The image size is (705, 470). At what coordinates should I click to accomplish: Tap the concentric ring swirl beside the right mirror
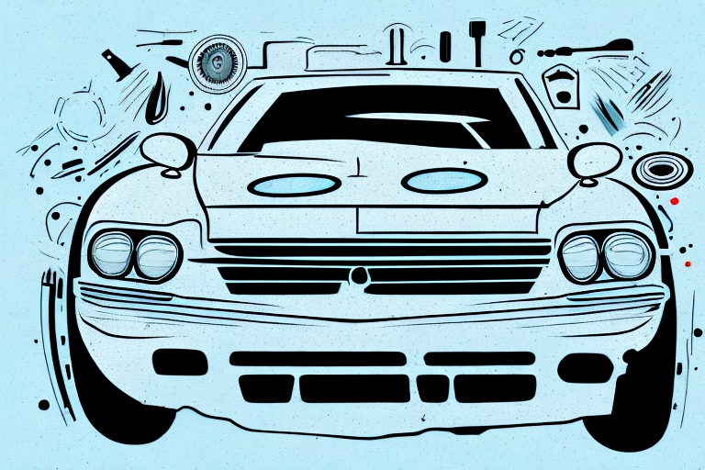(655, 169)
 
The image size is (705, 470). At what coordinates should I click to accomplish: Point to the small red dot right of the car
(675, 199)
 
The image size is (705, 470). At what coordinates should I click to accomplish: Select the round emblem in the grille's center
(357, 274)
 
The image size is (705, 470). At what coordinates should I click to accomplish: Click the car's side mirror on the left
(168, 151)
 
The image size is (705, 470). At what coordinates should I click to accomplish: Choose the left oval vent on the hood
(295, 185)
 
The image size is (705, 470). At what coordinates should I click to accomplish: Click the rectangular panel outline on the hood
(446, 221)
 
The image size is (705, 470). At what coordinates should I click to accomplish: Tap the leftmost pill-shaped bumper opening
(180, 362)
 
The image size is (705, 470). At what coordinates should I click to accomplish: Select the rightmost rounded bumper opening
(584, 368)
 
